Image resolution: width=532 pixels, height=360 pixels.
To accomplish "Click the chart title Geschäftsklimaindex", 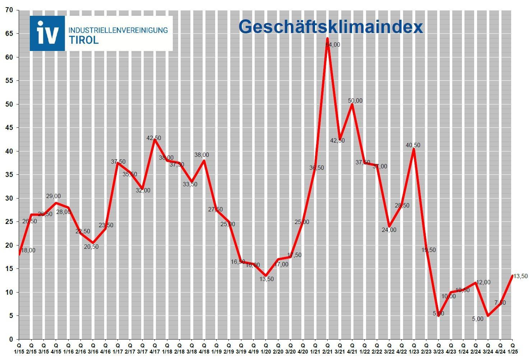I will click(330, 27).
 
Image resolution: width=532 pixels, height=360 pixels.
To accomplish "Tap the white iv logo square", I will click(47, 33).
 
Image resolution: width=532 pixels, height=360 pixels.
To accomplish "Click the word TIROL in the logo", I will click(83, 40).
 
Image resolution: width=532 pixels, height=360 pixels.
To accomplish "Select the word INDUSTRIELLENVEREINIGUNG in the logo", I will click(118, 30).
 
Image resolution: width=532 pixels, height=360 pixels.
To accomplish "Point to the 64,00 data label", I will click(333, 45).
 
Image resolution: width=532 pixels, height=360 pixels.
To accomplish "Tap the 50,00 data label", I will click(355, 101).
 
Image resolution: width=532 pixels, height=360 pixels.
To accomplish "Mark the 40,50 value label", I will click(413, 145).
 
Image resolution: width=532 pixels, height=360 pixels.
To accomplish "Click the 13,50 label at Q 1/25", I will click(520, 276).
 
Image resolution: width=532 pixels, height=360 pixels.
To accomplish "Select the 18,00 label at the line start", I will click(28, 251).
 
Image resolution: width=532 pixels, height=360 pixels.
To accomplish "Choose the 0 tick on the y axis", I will click(11, 339).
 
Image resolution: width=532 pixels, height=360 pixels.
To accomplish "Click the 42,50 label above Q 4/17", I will click(154, 138).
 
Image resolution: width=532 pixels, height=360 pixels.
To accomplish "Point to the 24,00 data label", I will click(389, 230).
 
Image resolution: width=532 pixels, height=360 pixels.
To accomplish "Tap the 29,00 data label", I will click(53, 196).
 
